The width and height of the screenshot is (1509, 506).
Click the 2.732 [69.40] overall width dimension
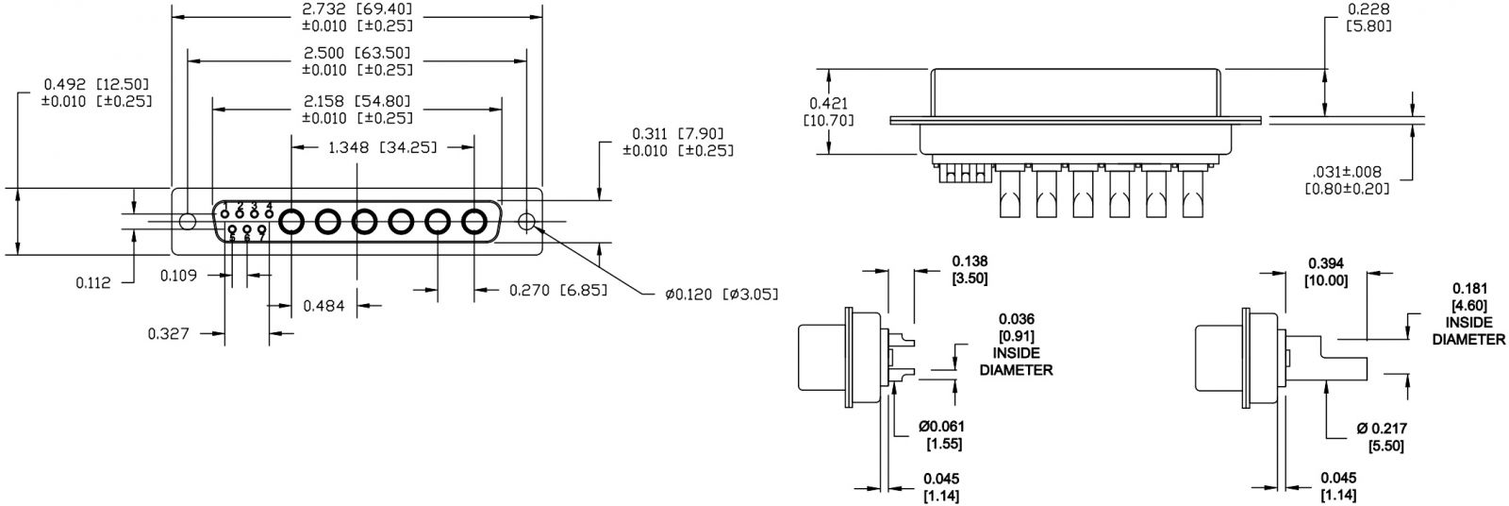357,9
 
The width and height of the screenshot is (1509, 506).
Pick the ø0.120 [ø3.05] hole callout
721,295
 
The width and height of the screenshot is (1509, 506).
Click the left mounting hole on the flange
188,222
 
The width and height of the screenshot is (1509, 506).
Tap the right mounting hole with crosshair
527,223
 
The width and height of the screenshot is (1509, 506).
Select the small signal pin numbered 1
225,213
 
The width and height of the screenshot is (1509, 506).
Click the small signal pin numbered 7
261,229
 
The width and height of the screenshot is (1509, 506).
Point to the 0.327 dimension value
169,333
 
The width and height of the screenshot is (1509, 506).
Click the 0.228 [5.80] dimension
1369,17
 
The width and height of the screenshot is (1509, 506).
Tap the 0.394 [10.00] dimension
1326,270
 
